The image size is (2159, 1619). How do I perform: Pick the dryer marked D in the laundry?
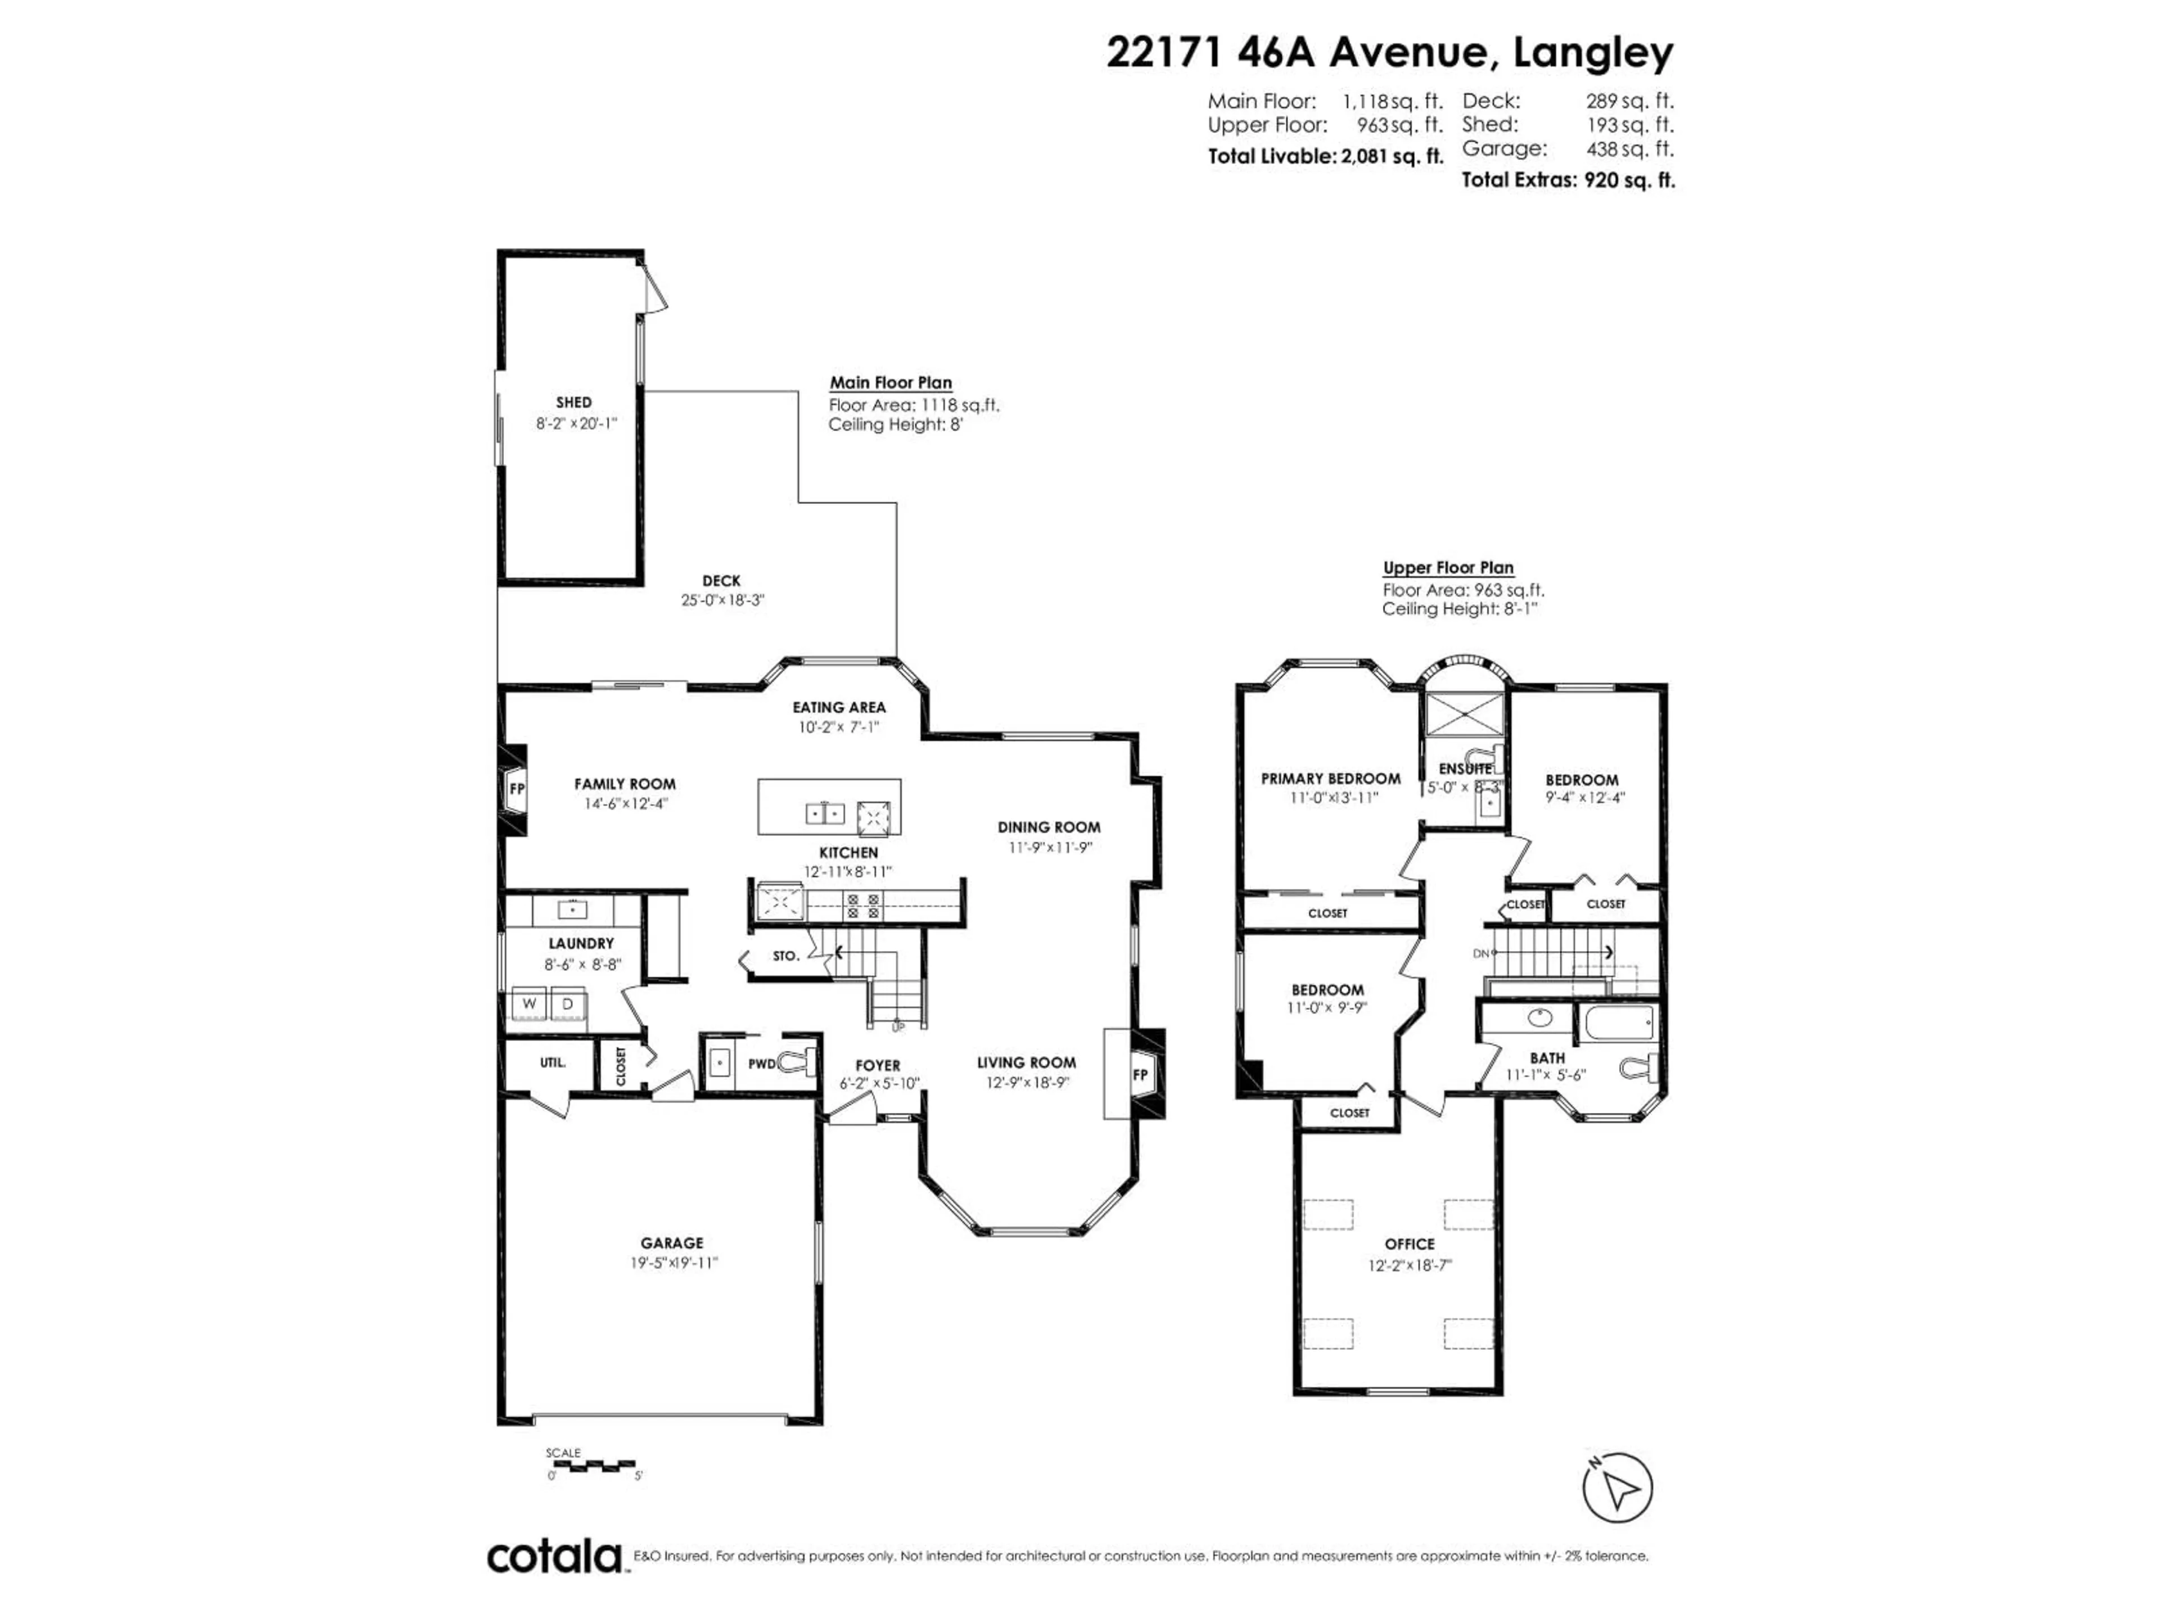(x=567, y=1003)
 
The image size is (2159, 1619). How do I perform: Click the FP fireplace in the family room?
(x=516, y=789)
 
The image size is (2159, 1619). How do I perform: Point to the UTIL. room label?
(x=553, y=1062)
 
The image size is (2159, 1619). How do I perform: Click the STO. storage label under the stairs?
(x=785, y=956)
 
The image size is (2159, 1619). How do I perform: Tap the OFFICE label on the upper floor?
(x=1410, y=1244)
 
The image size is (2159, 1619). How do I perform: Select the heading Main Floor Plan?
(x=890, y=383)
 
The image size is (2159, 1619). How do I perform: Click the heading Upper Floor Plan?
(x=1447, y=567)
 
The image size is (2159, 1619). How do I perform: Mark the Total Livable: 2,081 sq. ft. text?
(x=1325, y=156)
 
